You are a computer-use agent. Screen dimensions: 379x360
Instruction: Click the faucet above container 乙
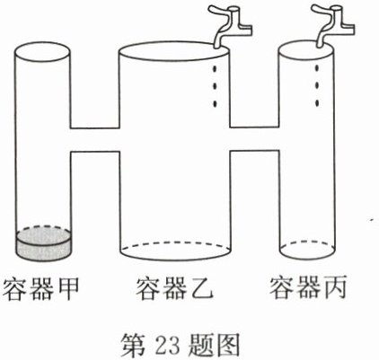(x=231, y=25)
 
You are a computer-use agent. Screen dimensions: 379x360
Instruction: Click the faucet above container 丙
(x=333, y=25)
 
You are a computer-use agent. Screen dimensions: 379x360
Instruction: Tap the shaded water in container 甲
(x=44, y=244)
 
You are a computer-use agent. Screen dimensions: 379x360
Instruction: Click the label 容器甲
(x=40, y=289)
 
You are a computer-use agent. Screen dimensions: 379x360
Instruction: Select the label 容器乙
(x=174, y=289)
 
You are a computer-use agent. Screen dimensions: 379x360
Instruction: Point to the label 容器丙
(x=308, y=288)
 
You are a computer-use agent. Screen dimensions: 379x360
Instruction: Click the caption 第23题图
(x=181, y=346)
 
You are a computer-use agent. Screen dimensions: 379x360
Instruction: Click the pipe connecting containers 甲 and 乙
(x=95, y=140)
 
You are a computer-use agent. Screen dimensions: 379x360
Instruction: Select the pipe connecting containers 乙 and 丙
(x=255, y=139)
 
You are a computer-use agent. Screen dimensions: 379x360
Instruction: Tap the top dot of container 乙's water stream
(x=215, y=69)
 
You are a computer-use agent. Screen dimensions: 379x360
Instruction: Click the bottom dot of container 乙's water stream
(x=215, y=104)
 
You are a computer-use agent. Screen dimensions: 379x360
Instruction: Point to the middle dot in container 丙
(x=316, y=85)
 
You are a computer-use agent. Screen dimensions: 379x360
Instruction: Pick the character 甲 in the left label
(x=67, y=289)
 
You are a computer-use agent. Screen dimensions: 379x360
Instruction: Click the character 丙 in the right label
(x=335, y=288)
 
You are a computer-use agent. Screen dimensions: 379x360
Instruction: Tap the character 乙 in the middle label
(x=201, y=289)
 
